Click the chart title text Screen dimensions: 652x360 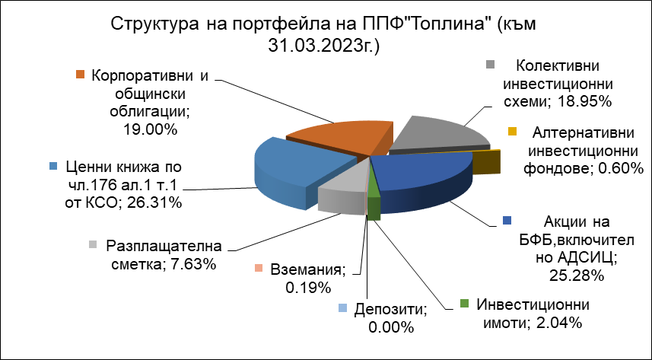(323, 35)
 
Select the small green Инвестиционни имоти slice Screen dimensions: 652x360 (374, 204)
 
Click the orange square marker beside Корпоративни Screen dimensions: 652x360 (80, 75)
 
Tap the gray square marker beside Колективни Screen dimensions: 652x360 (491, 65)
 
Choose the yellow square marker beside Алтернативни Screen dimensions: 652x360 (513, 132)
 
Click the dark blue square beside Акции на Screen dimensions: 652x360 (507, 221)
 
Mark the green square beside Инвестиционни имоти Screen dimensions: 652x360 (465, 304)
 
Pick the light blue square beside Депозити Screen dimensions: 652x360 (342, 308)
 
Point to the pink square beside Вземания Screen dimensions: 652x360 (259, 269)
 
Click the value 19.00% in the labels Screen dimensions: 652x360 (150, 129)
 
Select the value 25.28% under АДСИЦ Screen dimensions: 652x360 (577, 275)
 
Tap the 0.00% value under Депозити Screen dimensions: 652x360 (391, 327)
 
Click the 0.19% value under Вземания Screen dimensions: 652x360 (308, 287)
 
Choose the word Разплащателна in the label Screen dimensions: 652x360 (164, 247)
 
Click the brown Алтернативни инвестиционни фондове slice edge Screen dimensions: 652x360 (486, 162)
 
